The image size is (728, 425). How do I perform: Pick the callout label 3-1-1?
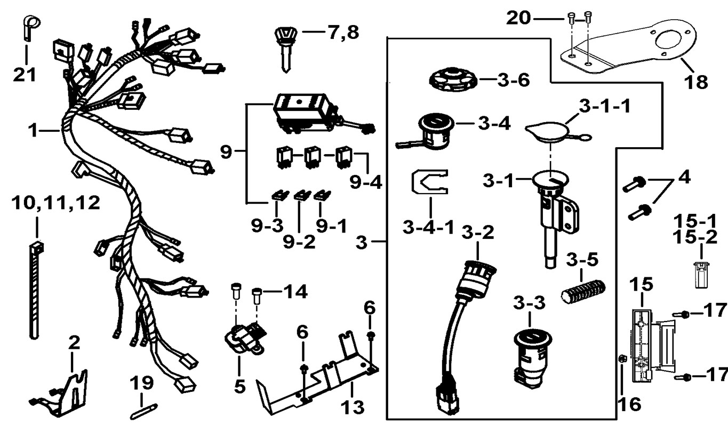604,105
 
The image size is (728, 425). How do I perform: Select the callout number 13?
352,407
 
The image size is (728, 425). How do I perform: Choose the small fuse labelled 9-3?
277,196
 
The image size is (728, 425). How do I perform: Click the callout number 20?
518,19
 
